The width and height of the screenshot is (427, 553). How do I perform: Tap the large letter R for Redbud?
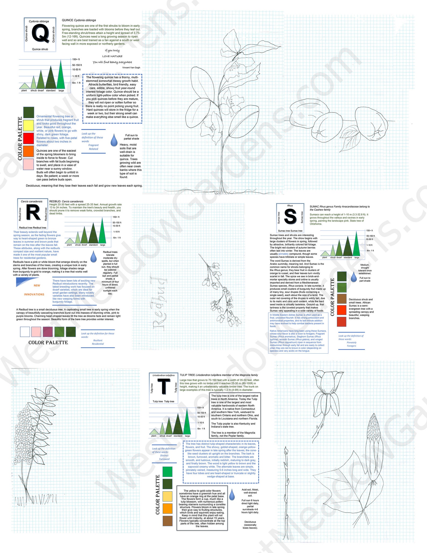pyautogui.click(x=33, y=212)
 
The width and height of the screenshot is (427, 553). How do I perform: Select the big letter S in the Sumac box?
pyautogui.click(x=290, y=217)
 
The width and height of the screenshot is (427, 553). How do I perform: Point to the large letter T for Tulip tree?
pyautogui.click(x=164, y=386)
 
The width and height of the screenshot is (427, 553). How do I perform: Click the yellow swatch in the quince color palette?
pyautogui.click(x=28, y=125)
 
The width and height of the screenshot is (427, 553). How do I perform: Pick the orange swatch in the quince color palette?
pyautogui.click(x=28, y=151)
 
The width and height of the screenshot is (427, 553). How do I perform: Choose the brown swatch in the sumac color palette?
pyautogui.click(x=341, y=298)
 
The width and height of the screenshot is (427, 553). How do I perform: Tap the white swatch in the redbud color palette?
pyautogui.click(x=25, y=332)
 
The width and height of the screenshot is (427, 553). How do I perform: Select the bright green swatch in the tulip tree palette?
pyautogui.click(x=168, y=471)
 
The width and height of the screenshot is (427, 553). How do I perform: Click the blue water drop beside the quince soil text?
pyautogui.click(x=114, y=140)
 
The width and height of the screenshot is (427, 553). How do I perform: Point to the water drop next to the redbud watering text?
pyautogui.click(x=94, y=257)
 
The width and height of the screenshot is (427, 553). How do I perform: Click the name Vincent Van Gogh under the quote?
pyautogui.click(x=131, y=68)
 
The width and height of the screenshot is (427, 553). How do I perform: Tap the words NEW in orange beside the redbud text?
pyautogui.click(x=37, y=286)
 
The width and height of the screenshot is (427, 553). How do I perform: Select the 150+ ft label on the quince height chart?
pyautogui.click(x=76, y=59)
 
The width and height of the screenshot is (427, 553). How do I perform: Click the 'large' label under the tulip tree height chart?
pyautogui.click(x=187, y=436)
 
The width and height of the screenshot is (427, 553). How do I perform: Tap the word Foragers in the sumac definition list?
pyautogui.click(x=351, y=346)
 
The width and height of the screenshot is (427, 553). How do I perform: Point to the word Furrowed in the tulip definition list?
pyautogui.click(x=164, y=459)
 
